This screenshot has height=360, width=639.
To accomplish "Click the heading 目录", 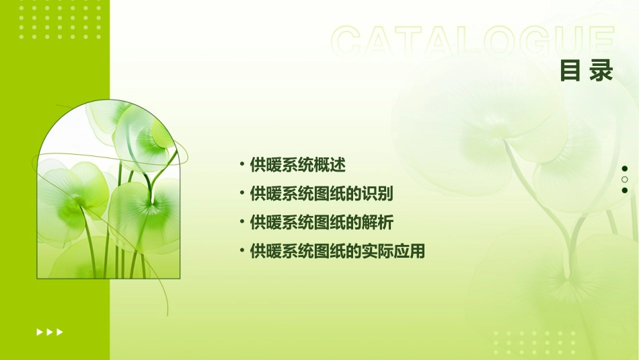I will pyautogui.click(x=587, y=71).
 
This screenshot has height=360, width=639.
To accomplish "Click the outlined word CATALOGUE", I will pyautogui.click(x=473, y=42).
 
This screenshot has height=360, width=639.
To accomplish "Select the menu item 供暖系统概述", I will pyautogui.click(x=297, y=165).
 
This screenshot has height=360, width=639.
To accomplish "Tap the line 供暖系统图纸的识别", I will pyautogui.click(x=321, y=194).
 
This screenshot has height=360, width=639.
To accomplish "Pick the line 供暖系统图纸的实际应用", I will pyautogui.click(x=337, y=252).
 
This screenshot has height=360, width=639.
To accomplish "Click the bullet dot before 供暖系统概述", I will pyautogui.click(x=241, y=164).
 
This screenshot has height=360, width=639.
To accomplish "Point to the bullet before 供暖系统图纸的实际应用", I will pyautogui.click(x=241, y=251).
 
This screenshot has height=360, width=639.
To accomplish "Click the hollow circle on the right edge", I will pyautogui.click(x=624, y=180).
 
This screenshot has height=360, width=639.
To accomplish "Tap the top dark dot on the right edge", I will pyautogui.click(x=624, y=169).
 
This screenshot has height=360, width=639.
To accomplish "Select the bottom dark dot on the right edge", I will pyautogui.click(x=624, y=190).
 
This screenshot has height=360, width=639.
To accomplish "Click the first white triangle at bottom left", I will pyautogui.click(x=39, y=332).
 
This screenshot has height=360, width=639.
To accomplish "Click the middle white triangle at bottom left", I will pyautogui.click(x=49, y=332).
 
